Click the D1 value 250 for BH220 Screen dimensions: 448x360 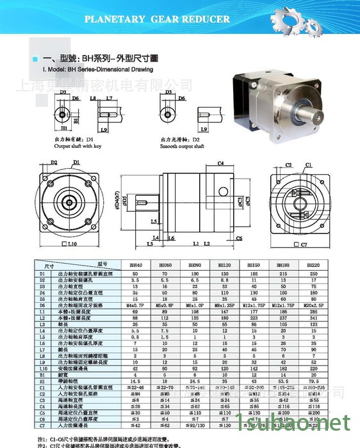(312, 273)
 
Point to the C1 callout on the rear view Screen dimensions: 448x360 (308, 165)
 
